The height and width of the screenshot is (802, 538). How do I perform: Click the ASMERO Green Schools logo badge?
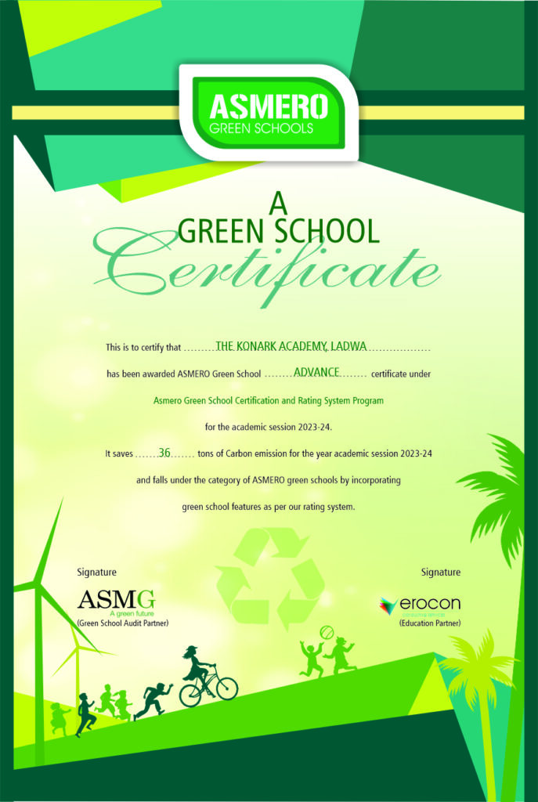click(x=268, y=111)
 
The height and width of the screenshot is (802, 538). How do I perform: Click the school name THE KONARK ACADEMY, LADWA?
click(x=291, y=345)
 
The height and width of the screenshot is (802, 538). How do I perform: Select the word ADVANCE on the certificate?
click(x=316, y=372)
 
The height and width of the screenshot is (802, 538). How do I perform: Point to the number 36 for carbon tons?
click(x=164, y=452)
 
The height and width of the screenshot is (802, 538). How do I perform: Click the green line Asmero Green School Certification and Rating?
click(x=269, y=400)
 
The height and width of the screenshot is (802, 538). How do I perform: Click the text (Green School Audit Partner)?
click(x=123, y=623)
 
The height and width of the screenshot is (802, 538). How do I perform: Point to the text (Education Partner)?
click(x=429, y=623)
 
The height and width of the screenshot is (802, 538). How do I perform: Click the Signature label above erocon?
click(x=440, y=573)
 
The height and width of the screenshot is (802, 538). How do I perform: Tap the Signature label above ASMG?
click(x=97, y=573)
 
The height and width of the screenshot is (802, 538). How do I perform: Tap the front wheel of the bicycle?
click(x=227, y=688)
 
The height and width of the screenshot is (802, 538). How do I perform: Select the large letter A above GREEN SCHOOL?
click(x=278, y=204)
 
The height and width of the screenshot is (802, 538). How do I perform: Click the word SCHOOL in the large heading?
click(x=324, y=231)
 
